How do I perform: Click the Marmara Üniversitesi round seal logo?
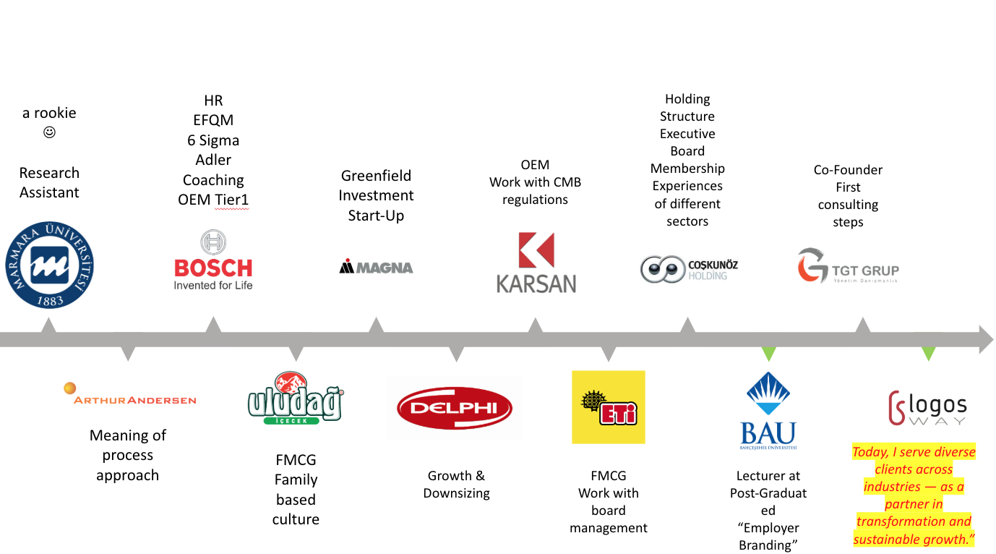click(x=49, y=265)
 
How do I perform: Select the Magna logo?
click(x=376, y=267)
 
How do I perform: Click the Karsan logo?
click(x=536, y=263)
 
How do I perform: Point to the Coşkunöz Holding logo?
click(x=688, y=269)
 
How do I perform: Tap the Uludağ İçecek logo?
click(x=295, y=398)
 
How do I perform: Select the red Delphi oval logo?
click(x=455, y=408)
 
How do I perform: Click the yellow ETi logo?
click(x=608, y=407)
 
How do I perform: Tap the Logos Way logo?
click(x=927, y=408)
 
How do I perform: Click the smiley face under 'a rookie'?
click(x=49, y=132)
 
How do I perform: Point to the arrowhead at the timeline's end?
click(x=986, y=339)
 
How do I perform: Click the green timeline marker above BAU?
click(x=768, y=354)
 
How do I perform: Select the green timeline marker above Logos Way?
click(x=928, y=354)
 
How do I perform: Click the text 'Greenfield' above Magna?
click(x=376, y=176)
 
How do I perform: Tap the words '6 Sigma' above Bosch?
click(x=213, y=140)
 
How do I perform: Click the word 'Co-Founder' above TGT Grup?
click(x=848, y=170)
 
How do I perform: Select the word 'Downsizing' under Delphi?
click(x=456, y=493)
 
